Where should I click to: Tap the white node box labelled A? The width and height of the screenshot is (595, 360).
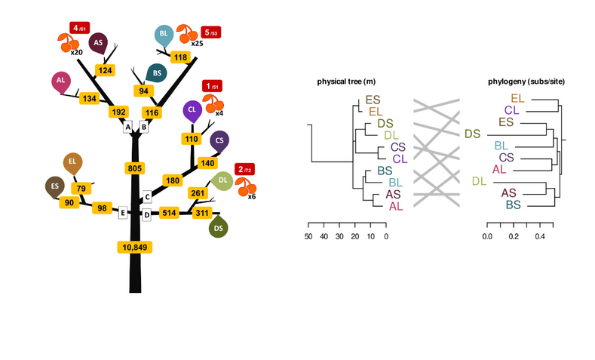128,127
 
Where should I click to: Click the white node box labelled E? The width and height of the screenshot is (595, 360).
122,213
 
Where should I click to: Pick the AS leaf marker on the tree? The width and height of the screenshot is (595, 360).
97,44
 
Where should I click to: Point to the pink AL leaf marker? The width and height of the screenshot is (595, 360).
61,81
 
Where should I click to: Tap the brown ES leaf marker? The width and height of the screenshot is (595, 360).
54,185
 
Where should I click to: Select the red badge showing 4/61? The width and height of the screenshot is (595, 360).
79,28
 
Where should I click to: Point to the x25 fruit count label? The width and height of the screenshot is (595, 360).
197,44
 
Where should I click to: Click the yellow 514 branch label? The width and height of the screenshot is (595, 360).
170,214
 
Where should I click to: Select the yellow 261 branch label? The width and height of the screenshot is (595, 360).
198,193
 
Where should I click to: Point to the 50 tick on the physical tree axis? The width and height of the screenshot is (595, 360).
308,236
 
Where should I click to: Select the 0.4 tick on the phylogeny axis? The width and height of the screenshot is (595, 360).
540,236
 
